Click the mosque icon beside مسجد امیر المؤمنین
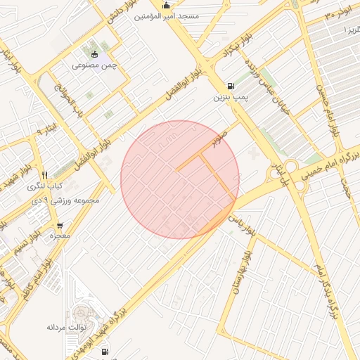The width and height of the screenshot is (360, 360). (166, 6)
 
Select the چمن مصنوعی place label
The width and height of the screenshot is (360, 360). (94, 65)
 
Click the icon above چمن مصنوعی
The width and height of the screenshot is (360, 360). (94, 55)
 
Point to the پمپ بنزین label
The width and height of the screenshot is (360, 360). (231, 97)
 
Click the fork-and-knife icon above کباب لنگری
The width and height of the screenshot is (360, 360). (44, 175)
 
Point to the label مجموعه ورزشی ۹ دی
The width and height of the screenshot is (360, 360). (67, 200)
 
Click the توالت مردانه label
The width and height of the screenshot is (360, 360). (66, 327)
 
